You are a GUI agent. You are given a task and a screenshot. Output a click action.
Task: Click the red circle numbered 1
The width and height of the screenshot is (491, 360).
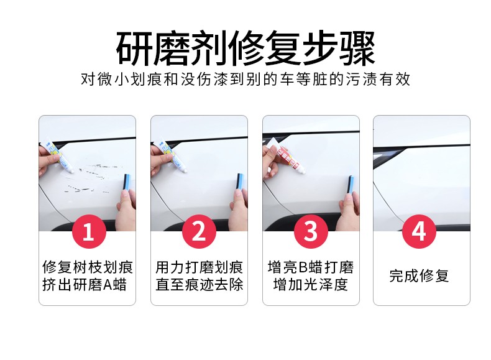click(x=89, y=231)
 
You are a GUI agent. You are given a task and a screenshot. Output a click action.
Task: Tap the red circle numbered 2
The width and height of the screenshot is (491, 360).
click(x=199, y=231)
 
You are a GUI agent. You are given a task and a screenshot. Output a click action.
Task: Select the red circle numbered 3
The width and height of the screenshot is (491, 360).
click(x=311, y=231)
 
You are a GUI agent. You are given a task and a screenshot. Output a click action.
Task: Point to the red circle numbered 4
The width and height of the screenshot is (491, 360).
click(x=420, y=231)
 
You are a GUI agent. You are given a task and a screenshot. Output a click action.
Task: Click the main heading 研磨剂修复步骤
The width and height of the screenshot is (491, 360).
click(x=245, y=48)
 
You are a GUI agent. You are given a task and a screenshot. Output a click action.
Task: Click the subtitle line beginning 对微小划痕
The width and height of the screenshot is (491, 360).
click(x=245, y=79)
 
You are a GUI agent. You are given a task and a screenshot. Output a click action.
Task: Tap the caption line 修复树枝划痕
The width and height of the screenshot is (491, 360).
click(x=88, y=267)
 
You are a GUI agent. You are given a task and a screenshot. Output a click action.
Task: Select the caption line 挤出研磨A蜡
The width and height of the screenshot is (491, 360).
click(x=85, y=285)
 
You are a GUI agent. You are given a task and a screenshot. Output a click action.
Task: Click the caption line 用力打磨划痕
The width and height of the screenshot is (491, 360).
click(x=199, y=267)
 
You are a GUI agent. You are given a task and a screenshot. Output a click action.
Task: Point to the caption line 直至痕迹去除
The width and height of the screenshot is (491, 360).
click(x=199, y=285)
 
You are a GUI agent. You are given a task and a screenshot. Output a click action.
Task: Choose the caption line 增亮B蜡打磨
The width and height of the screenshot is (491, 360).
click(x=311, y=267)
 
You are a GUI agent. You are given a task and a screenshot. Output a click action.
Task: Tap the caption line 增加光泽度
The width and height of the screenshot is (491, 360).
click(x=311, y=285)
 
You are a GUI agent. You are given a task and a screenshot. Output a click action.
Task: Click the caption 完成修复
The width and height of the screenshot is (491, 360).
click(x=420, y=275)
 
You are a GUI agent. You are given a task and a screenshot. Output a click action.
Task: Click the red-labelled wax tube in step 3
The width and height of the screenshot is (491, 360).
click(x=288, y=155)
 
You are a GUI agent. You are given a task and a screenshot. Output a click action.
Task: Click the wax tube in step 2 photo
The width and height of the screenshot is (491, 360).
click(x=172, y=155)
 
